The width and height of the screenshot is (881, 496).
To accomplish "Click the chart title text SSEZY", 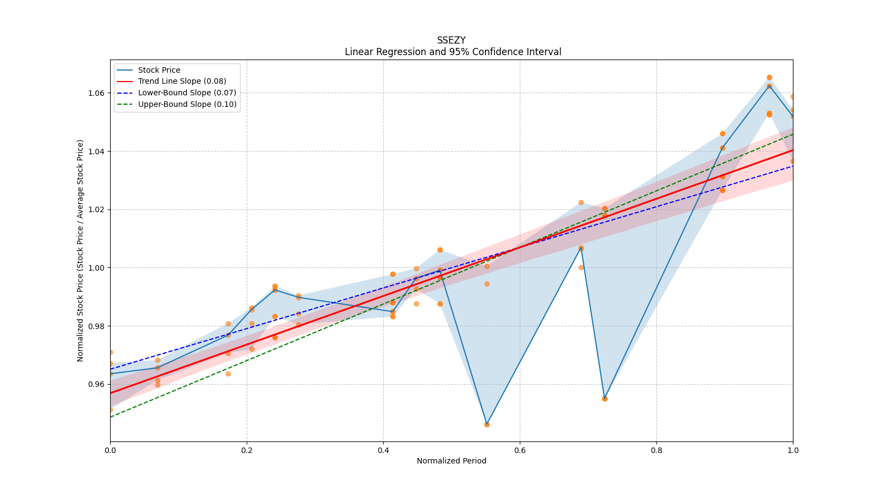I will [451, 40].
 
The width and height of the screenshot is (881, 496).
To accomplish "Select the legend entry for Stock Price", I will [159, 70].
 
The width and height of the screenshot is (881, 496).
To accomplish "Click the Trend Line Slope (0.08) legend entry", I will [182, 82].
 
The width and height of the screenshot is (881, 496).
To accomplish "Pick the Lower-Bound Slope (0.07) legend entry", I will [187, 93].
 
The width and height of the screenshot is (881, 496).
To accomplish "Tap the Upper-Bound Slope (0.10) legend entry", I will [187, 104].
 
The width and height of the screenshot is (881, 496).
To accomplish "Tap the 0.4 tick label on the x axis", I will [383, 450].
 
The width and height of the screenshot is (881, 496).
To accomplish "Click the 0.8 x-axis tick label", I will [656, 450].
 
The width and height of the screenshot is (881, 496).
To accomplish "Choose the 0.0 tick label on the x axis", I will [110, 450].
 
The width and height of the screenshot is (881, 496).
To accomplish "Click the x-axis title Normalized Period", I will [451, 461].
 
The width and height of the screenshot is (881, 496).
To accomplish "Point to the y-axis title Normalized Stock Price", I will [80, 250].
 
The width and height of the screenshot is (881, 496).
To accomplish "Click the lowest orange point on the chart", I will [487, 424].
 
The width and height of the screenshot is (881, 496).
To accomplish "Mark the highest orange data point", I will [769, 78].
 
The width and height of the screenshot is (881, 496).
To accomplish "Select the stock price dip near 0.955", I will [605, 398].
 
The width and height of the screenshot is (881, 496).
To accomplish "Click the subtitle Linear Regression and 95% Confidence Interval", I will [453, 52].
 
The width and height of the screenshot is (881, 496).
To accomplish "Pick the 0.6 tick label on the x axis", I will [520, 450].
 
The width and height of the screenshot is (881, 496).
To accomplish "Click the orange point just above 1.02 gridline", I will [581, 202].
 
